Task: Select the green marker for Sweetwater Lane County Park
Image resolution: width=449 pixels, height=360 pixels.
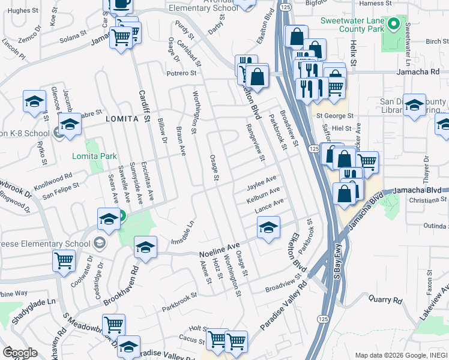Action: pyautogui.click(x=393, y=25)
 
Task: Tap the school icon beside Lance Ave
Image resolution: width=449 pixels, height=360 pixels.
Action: pyautogui.click(x=268, y=227)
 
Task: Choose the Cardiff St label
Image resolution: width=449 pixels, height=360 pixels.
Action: pyautogui.click(x=144, y=106)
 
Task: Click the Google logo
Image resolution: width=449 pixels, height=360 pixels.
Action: pyautogui.click(x=20, y=353)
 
